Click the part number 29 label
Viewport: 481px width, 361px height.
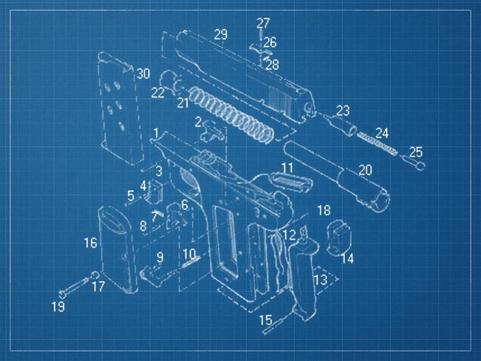coord(220,35)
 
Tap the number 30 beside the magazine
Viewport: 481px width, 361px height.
coord(142,74)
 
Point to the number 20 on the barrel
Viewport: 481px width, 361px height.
coord(365,170)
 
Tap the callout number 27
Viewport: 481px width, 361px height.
coord(263,23)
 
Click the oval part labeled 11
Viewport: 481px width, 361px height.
coord(294,180)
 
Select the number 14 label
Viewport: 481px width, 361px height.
coord(347,259)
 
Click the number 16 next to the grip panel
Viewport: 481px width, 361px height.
coord(90,243)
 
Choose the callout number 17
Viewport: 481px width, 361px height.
coord(98,286)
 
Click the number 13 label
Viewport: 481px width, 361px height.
coord(320,280)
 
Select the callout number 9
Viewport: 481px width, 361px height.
coord(160,257)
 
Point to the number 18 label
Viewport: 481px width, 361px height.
coord(323,210)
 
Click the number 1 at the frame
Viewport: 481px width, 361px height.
coord(156,133)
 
